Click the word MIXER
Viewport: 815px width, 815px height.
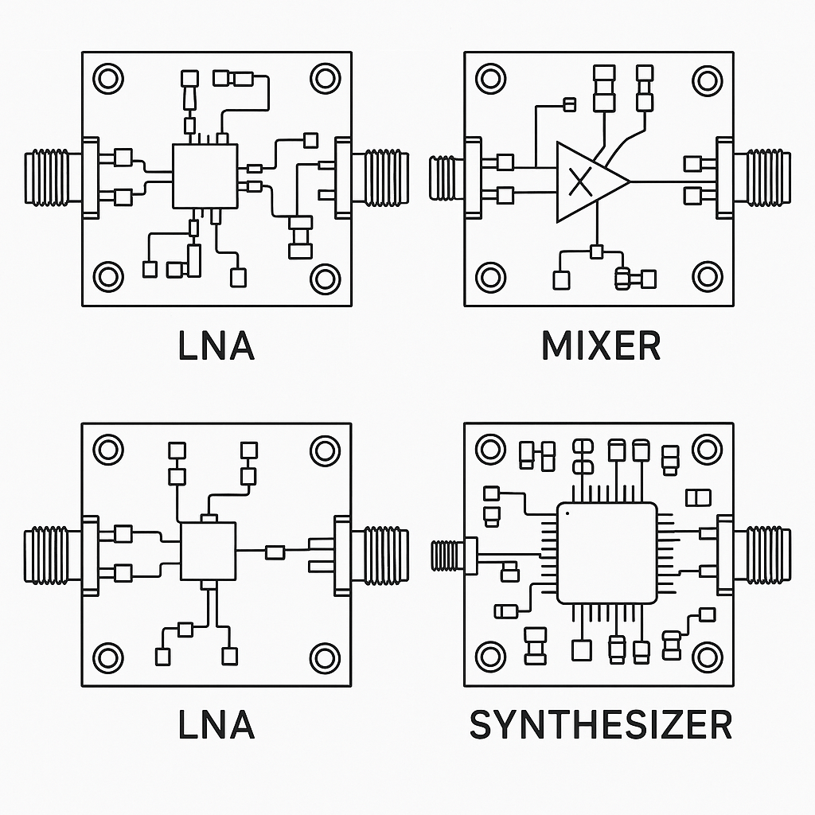pyautogui.click(x=601, y=347)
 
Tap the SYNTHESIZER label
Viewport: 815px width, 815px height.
pyautogui.click(x=601, y=725)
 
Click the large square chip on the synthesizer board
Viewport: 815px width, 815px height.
pyautogui.click(x=606, y=552)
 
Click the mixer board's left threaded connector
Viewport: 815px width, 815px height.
pyautogui.click(x=446, y=178)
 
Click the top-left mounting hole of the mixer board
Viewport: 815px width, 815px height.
pyautogui.click(x=489, y=79)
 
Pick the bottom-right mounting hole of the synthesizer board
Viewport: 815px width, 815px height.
pyautogui.click(x=707, y=657)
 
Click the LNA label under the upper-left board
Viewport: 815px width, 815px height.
pyautogui.click(x=216, y=347)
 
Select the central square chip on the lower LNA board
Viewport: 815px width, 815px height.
pyautogui.click(x=209, y=552)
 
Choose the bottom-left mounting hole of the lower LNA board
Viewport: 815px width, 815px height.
pyautogui.click(x=107, y=657)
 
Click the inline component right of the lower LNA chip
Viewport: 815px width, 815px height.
pyautogui.click(x=275, y=552)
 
